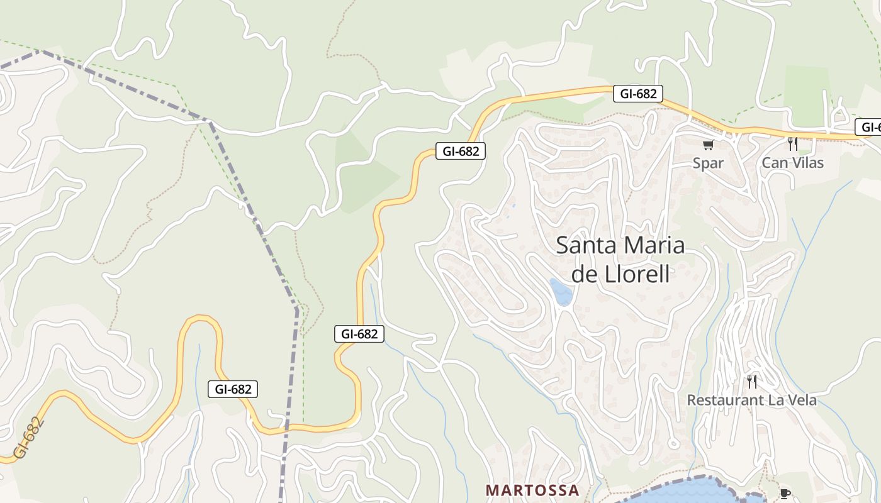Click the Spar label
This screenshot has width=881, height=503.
pos(708,163)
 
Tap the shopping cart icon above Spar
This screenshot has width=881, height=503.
pos(708,145)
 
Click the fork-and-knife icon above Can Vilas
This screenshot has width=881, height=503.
pos(793,145)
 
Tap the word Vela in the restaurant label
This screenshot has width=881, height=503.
pos(800,400)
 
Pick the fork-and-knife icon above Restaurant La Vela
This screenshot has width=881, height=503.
pos(751,381)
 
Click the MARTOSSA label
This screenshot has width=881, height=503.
pos(532,490)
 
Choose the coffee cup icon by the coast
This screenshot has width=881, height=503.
pos(785,494)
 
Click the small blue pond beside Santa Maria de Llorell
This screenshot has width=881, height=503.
pos(561,292)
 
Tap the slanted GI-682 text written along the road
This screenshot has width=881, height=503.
pos(29,438)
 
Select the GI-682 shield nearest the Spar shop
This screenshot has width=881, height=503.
pos(638,94)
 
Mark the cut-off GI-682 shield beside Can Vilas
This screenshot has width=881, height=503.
pos(870,127)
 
